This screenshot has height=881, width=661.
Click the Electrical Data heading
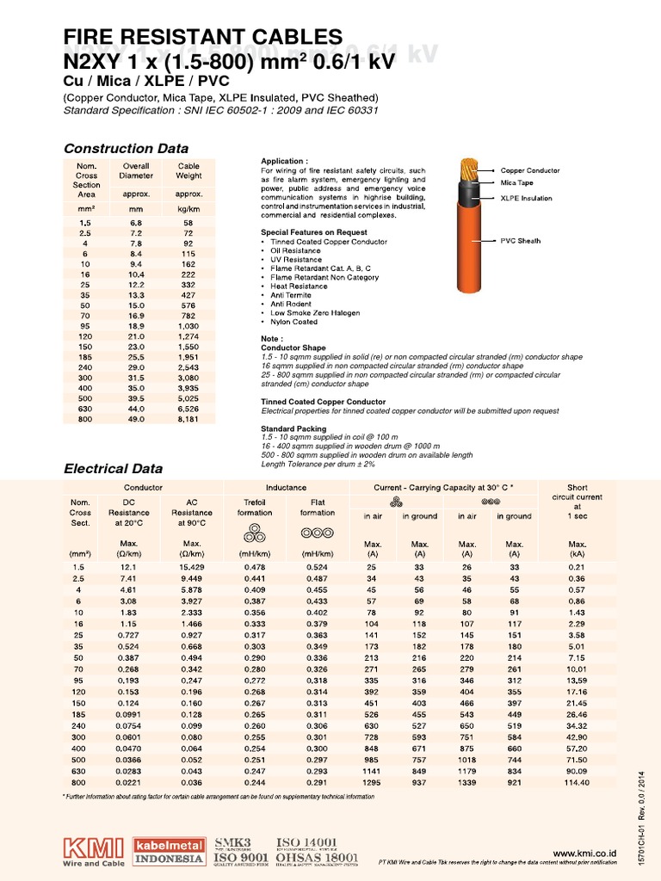click(114, 469)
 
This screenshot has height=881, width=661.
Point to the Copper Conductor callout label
click(530, 171)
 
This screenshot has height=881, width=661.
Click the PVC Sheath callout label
click(521, 241)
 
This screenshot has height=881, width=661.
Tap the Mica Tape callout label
click(517, 183)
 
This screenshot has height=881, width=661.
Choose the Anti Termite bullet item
click(288, 295)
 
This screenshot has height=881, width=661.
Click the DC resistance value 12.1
click(128, 568)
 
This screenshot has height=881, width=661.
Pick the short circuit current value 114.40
click(578, 783)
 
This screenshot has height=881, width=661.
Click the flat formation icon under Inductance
click(318, 534)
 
